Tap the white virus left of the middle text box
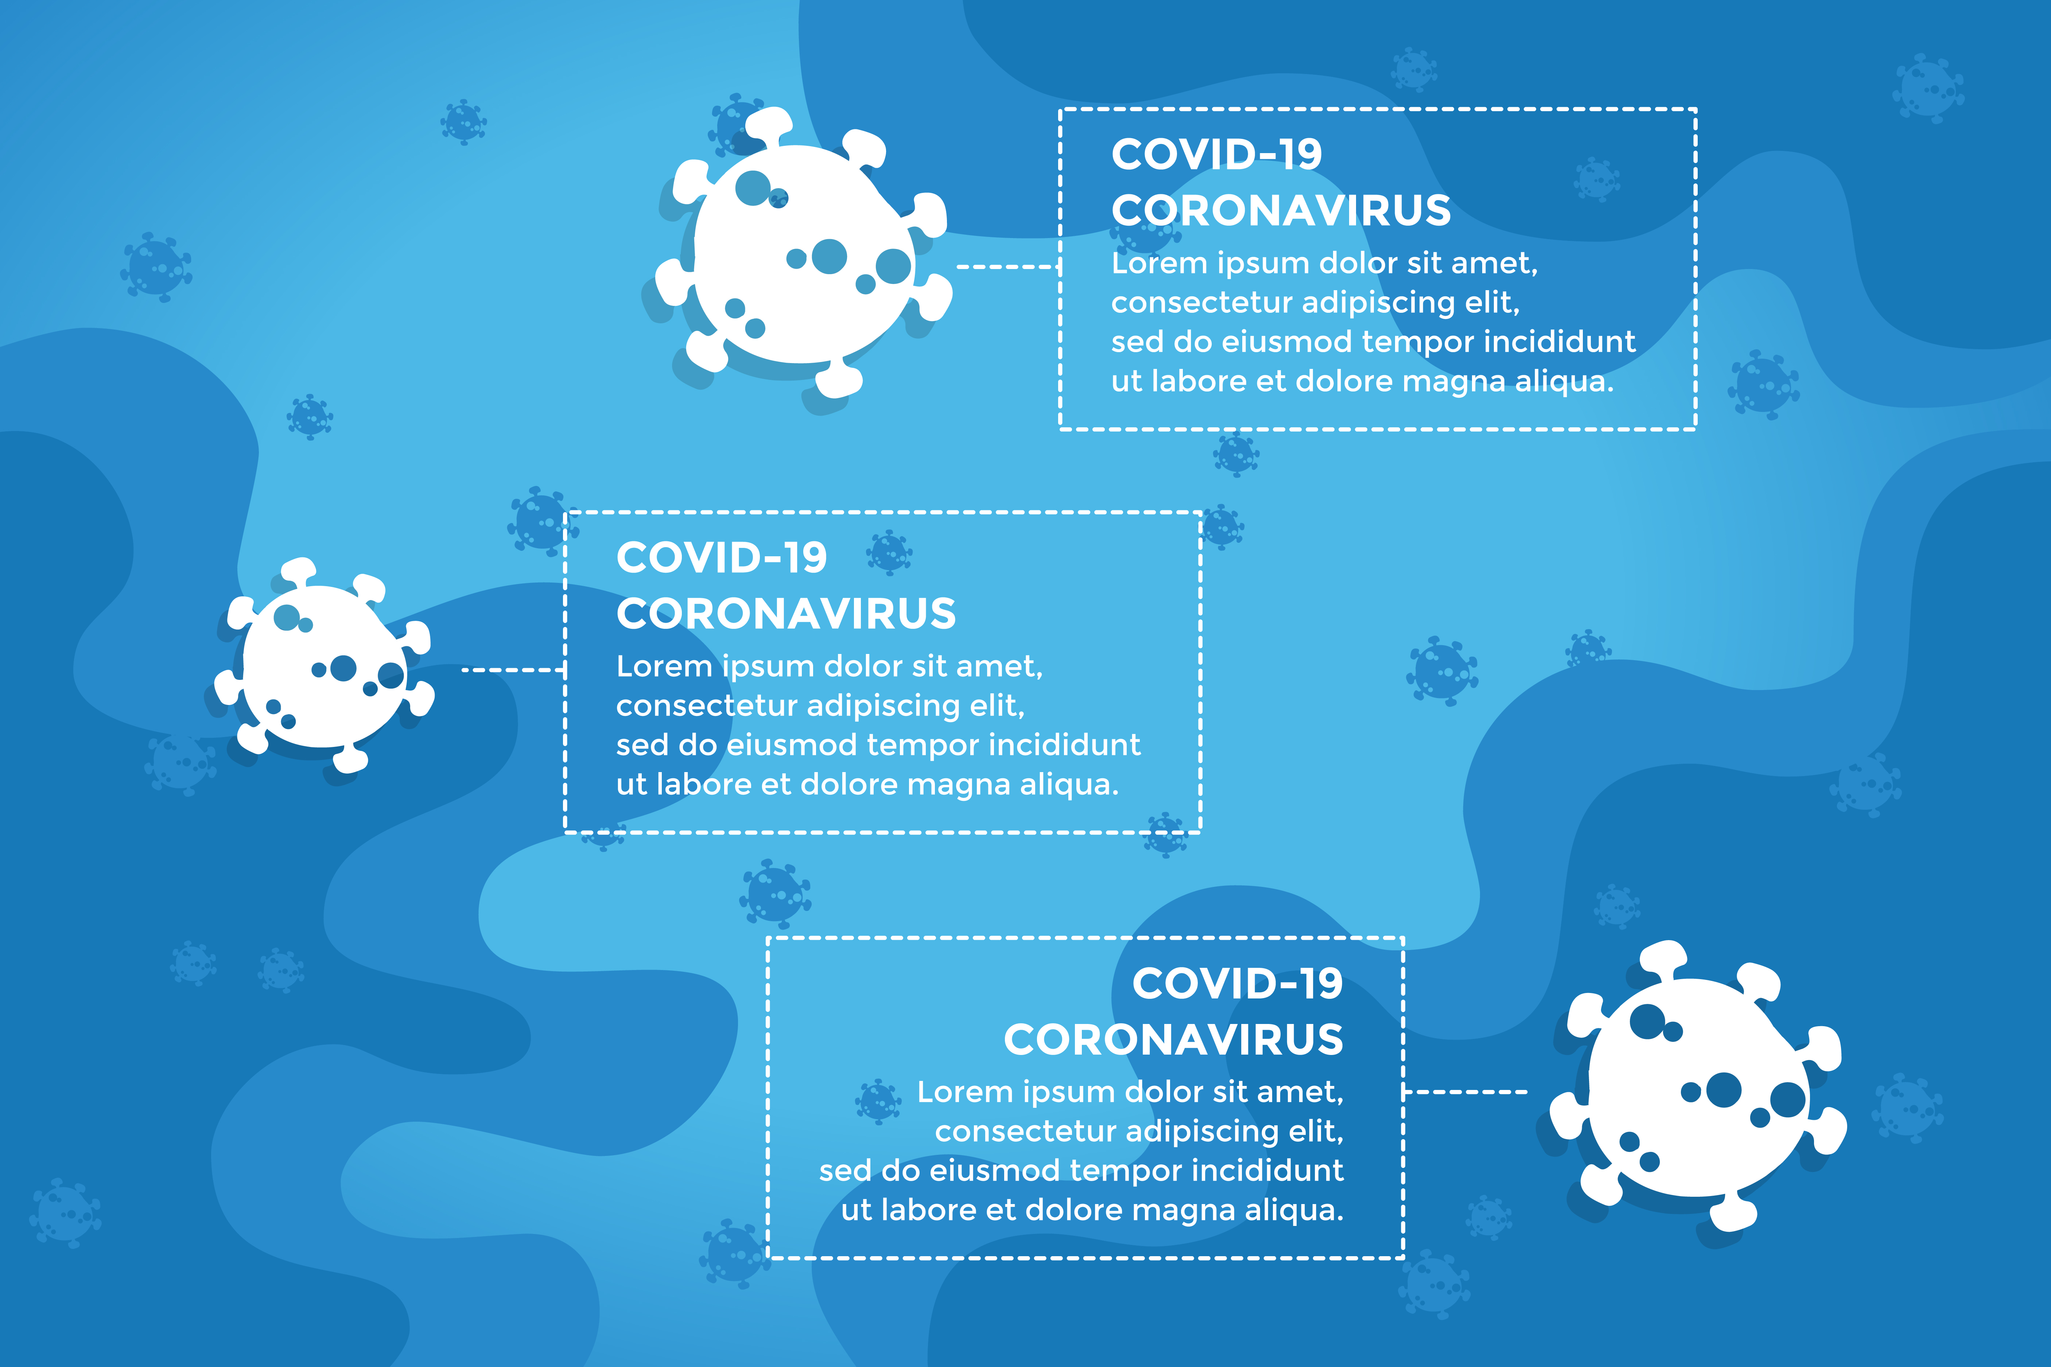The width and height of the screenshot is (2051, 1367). pos(325,665)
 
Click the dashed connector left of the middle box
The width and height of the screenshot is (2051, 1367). pos(514,670)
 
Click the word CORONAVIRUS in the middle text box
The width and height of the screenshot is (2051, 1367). pos(786,614)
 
